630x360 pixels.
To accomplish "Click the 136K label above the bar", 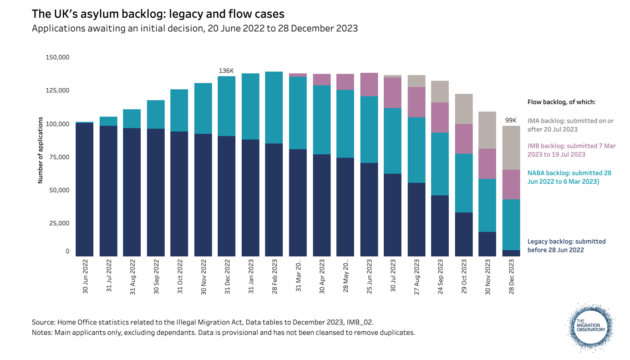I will pyautogui.click(x=226, y=71).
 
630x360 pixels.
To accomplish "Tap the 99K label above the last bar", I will pyautogui.click(x=511, y=121).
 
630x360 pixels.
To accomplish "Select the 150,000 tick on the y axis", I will pyautogui.click(x=57, y=57).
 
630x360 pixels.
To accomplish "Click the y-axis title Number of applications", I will pyautogui.click(x=40, y=150).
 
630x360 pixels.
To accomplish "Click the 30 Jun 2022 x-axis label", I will pyautogui.click(x=85, y=276).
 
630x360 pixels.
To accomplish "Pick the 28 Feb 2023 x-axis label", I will pyautogui.click(x=274, y=276).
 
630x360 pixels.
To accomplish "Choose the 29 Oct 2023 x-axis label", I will pyautogui.click(x=464, y=276).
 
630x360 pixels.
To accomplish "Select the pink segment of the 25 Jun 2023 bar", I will pyautogui.click(x=369, y=84).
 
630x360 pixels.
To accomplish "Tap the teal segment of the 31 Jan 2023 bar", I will pyautogui.click(x=251, y=106).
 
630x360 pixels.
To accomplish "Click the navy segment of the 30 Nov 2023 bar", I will pyautogui.click(x=488, y=244).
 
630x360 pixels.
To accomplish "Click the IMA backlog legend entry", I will pyautogui.click(x=570, y=125).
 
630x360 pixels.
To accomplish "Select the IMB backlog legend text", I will pyautogui.click(x=571, y=150).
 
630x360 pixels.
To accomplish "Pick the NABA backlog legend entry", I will pyautogui.click(x=569, y=177).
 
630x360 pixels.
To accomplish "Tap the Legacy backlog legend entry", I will pyautogui.click(x=566, y=246).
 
